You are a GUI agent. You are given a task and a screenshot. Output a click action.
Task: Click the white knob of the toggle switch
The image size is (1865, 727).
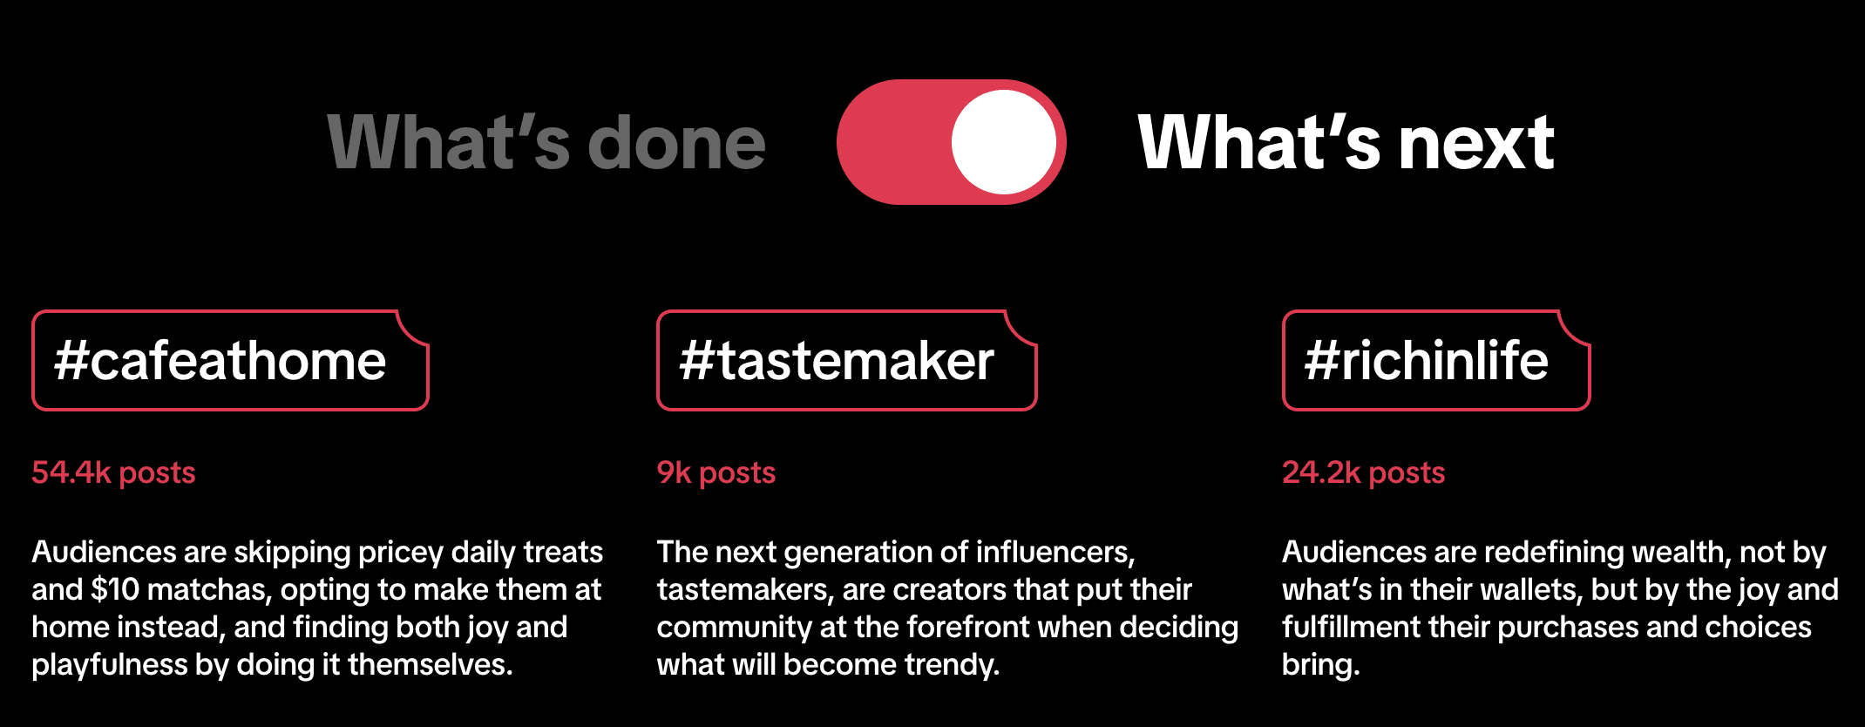pos(1004,142)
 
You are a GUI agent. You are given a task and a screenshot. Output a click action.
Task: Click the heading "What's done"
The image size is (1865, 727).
pos(546,143)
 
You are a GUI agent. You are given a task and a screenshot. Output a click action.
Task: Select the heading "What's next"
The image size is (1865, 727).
pos(1346,143)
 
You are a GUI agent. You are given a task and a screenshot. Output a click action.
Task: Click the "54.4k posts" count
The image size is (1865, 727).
pos(113,472)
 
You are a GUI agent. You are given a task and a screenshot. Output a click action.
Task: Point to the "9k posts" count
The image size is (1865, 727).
pos(715,472)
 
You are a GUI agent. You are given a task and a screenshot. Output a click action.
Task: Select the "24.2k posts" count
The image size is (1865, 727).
pos(1363,472)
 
